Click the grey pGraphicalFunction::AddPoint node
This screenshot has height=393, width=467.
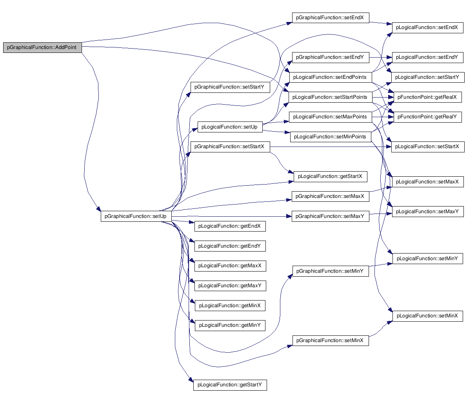click(x=42, y=48)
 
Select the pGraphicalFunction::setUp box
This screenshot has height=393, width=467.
click(x=136, y=216)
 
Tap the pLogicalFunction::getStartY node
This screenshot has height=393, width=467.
click(x=230, y=385)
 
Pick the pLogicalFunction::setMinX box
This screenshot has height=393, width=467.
click(x=427, y=316)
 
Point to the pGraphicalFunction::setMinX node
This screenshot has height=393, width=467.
click(x=331, y=340)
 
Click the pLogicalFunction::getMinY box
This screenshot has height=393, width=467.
click(x=230, y=326)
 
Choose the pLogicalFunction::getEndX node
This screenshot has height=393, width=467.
click(x=230, y=226)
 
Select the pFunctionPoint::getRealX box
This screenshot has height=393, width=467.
click(x=427, y=97)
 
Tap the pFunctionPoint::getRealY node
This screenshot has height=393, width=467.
click(x=427, y=117)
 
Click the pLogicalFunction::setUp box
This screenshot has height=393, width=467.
click(x=230, y=127)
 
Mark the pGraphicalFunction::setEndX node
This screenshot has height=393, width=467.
click(x=330, y=18)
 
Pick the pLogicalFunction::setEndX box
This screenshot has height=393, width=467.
click(x=427, y=28)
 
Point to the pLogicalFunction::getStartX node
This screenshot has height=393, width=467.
click(x=330, y=177)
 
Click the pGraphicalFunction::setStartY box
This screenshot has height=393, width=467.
click(x=230, y=87)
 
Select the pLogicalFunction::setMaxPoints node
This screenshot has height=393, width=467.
click(x=330, y=117)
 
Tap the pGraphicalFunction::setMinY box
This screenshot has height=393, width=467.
click(x=331, y=271)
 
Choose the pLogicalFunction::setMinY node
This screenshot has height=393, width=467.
click(x=427, y=259)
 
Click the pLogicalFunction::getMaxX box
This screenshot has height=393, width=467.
click(x=230, y=266)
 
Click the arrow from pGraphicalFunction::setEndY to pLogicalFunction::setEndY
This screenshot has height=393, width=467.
click(x=381, y=58)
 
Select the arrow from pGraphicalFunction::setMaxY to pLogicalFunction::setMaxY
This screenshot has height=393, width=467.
click(x=381, y=214)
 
